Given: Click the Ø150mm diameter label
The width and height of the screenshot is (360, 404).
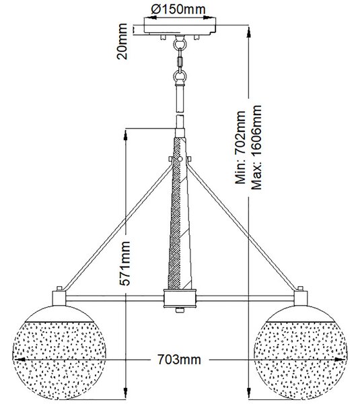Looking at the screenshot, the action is click(x=178, y=9).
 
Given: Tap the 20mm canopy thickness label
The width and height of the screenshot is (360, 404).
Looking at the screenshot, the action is click(x=122, y=42).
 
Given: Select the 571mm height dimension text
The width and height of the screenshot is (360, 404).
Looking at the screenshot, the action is click(x=125, y=263).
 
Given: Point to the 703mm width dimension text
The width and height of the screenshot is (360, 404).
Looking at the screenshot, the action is click(x=179, y=360).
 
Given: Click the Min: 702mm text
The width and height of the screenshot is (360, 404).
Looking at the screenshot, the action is click(x=240, y=147).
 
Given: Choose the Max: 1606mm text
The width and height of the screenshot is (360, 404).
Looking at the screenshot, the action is click(x=256, y=147).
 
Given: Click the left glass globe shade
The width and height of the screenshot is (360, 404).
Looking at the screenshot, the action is click(x=59, y=352).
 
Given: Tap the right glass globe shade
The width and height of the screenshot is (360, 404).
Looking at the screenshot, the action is click(x=301, y=352).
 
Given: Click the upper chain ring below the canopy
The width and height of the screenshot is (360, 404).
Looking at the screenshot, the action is click(x=180, y=43).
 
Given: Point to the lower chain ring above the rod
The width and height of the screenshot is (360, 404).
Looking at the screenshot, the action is click(x=180, y=76).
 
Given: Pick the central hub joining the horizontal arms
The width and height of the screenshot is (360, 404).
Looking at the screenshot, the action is click(x=180, y=298).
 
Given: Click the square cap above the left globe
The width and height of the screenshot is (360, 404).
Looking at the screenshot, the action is click(x=59, y=298).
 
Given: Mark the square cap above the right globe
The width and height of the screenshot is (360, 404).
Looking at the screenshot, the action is click(x=301, y=298).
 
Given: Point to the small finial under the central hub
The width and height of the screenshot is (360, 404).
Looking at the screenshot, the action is click(x=180, y=310).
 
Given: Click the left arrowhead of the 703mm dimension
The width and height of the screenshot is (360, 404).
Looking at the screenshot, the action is click(x=19, y=360).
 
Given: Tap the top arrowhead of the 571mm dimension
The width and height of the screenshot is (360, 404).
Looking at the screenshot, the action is click(x=126, y=135).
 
